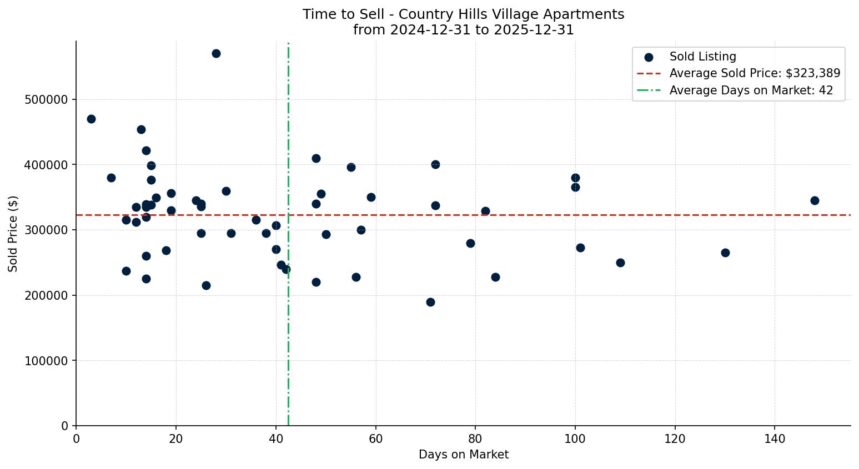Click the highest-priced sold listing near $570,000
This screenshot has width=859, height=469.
tap(216, 54)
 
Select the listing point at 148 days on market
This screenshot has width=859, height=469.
tap(815, 200)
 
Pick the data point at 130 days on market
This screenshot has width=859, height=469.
tap(725, 253)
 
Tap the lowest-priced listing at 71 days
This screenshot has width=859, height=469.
tap(430, 302)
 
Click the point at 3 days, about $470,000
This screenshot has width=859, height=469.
tap(91, 119)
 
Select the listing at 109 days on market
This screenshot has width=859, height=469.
tap(620, 263)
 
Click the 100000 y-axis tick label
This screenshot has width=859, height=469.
tap(46, 361)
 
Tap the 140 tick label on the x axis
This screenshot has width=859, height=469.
tap(775, 439)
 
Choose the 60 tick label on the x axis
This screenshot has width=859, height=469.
tap(375, 439)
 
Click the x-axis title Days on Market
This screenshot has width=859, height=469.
tap(463, 455)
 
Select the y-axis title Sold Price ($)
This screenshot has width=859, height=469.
tap(13, 234)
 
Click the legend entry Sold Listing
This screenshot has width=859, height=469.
tap(702, 57)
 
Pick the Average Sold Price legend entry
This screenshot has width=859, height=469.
tap(754, 73)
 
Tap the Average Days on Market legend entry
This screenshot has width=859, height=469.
tap(751, 90)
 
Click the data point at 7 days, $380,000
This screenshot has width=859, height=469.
tap(111, 178)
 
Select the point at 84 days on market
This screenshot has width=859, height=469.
tap(495, 277)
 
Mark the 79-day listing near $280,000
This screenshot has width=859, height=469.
tap(470, 243)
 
